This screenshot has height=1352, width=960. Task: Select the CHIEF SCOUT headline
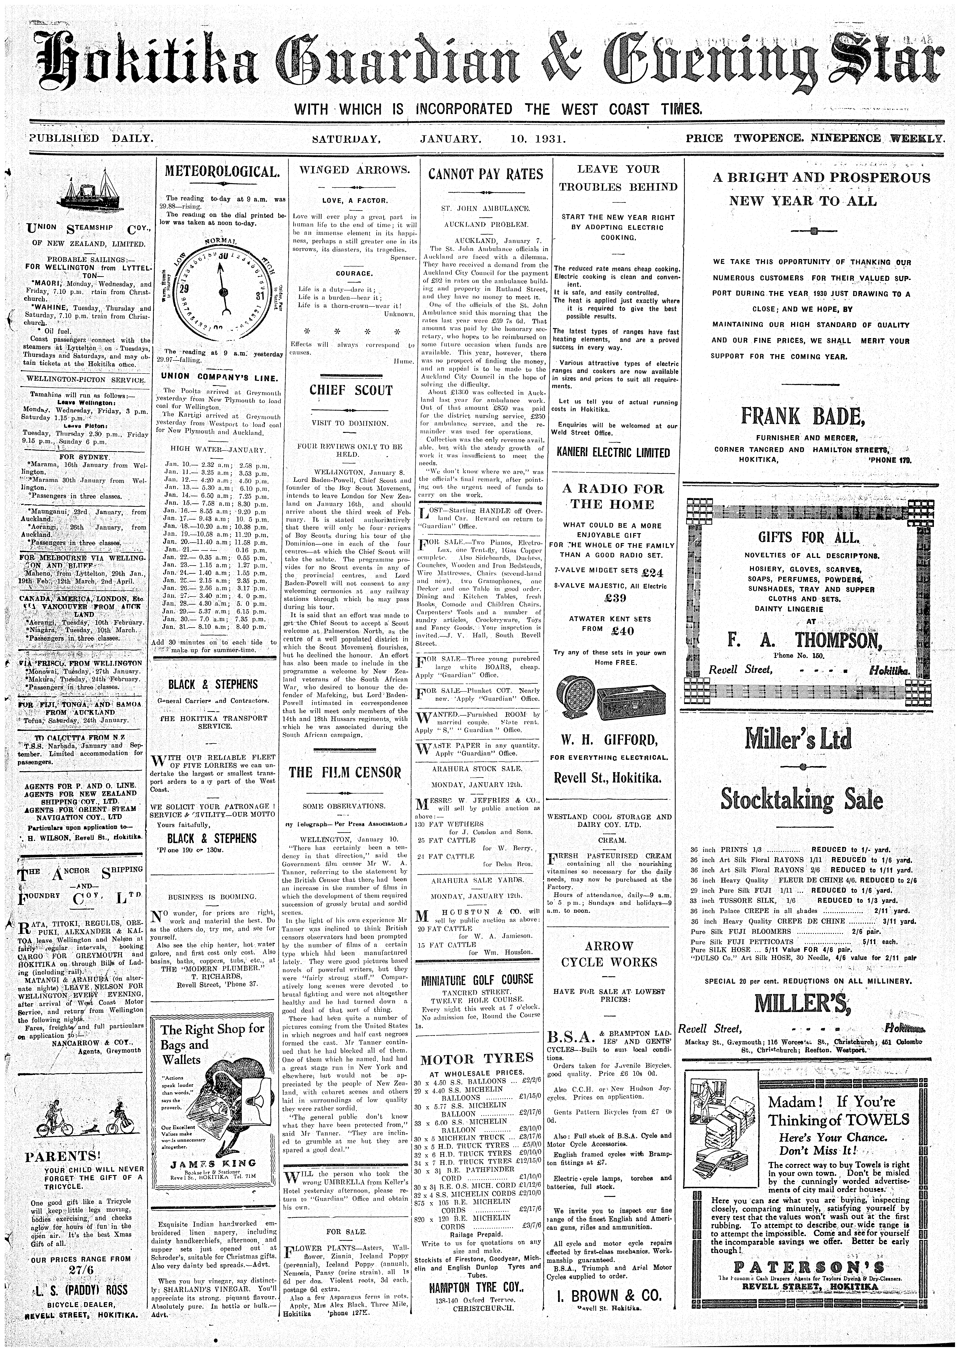coord(351,390)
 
